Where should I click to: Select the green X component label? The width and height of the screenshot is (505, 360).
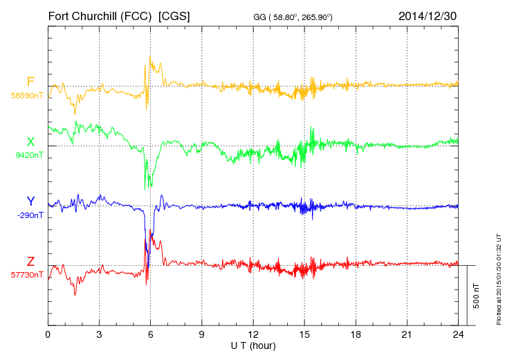coord(30,142)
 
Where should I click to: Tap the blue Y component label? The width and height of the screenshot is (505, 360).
coord(30,201)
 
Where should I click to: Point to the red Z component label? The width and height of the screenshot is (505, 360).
coord(30,262)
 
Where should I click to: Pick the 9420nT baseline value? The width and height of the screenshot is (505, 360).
coord(30,155)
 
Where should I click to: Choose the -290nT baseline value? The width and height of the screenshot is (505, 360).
coord(31,215)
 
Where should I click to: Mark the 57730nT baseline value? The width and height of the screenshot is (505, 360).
coord(28,275)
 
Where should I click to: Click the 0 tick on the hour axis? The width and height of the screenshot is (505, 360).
coord(48,334)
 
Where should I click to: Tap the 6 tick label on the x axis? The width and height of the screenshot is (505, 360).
coord(151,334)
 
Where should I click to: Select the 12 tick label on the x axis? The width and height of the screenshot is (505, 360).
coord(253,334)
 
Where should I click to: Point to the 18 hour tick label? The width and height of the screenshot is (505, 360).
coord(356,334)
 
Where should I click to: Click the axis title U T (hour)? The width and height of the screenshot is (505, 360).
coord(253,345)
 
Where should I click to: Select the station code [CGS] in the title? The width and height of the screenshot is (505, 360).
coord(174,15)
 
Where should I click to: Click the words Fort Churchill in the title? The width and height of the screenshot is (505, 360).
coord(86,15)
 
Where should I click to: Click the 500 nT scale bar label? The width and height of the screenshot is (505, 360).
coord(477,295)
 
